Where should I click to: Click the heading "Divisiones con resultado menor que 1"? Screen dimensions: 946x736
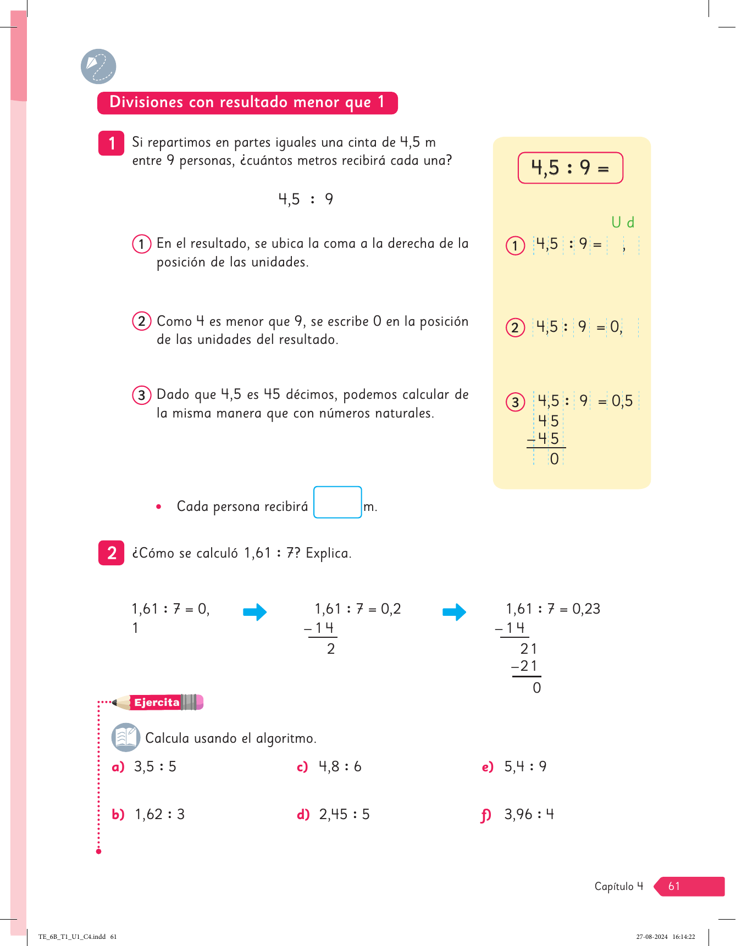(x=247, y=103)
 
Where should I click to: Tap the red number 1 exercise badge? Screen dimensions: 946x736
(x=112, y=143)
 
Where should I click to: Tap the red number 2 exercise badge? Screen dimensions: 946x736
(x=112, y=553)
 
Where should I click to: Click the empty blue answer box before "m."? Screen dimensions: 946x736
(x=337, y=502)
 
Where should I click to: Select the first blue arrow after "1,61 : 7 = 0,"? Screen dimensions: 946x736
(x=254, y=612)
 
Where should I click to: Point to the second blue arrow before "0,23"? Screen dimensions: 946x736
(x=454, y=612)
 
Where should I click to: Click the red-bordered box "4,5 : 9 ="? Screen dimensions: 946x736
(x=570, y=168)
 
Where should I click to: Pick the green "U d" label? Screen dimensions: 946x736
(x=623, y=222)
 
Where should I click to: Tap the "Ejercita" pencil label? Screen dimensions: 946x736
(x=158, y=702)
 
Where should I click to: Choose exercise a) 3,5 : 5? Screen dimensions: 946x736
(x=154, y=766)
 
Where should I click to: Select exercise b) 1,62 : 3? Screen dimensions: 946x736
(x=159, y=814)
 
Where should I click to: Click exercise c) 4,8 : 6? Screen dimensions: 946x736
(x=340, y=766)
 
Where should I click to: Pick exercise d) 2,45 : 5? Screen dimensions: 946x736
(x=344, y=814)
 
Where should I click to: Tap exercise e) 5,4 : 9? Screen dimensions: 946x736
(x=525, y=766)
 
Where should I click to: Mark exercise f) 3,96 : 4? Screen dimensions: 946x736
(x=528, y=814)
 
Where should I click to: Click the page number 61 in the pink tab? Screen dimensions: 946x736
(x=674, y=886)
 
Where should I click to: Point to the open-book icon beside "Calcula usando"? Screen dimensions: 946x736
(x=126, y=737)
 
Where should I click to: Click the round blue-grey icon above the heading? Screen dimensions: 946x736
(x=98, y=66)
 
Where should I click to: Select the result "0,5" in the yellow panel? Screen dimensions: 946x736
(x=622, y=401)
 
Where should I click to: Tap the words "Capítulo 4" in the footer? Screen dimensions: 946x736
(x=618, y=886)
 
